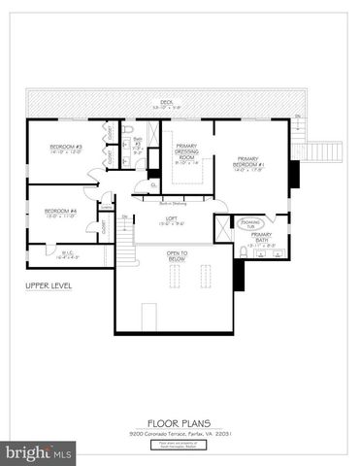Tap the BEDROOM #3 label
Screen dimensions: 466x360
point(66,149)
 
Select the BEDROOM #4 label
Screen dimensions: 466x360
point(61,212)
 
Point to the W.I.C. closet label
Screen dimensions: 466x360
point(43,255)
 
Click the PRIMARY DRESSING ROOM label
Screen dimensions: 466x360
point(186,152)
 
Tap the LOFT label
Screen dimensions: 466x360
point(171,219)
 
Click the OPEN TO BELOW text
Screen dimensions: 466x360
point(177,257)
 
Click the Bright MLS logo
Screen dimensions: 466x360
point(39,453)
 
